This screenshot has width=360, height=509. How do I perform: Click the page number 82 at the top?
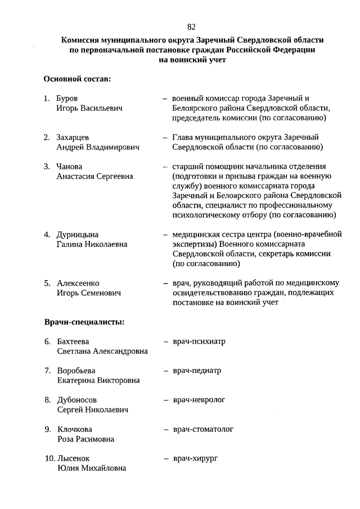pyautogui.click(x=191, y=26)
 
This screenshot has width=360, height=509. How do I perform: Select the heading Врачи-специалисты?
pyautogui.click(x=84, y=322)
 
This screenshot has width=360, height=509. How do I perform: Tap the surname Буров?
pyautogui.click(x=67, y=98)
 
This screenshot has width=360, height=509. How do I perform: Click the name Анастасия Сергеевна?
pyautogui.click(x=95, y=176)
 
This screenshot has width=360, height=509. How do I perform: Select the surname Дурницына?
pyautogui.click(x=78, y=234)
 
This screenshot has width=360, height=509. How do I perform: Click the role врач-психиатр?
pyautogui.click(x=199, y=341)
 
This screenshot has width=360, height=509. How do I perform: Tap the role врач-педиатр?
pyautogui.click(x=197, y=371)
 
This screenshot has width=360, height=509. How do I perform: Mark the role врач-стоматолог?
pyautogui.click(x=203, y=429)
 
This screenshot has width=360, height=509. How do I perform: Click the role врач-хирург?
pyautogui.click(x=195, y=458)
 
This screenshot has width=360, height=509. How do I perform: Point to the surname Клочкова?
pyautogui.click(x=75, y=429)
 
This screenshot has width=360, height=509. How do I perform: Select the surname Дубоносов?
pyautogui.click(x=77, y=400)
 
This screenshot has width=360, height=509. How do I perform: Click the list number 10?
pyautogui.click(x=49, y=458)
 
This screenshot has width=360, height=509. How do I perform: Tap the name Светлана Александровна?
pyautogui.click(x=102, y=351)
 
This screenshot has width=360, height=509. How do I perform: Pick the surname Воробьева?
pyautogui.click(x=76, y=371)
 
